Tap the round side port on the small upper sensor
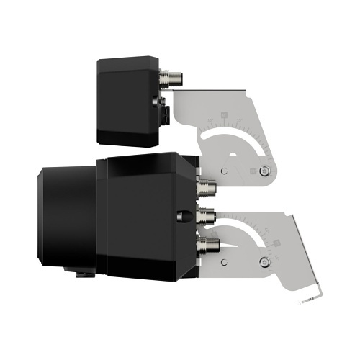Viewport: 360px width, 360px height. (x=155, y=102)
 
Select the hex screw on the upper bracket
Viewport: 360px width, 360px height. (x=266, y=171)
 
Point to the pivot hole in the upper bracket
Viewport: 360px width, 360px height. (x=225, y=171)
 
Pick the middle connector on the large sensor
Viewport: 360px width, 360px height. (x=207, y=213)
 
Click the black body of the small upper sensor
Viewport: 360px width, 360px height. (x=126, y=101)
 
